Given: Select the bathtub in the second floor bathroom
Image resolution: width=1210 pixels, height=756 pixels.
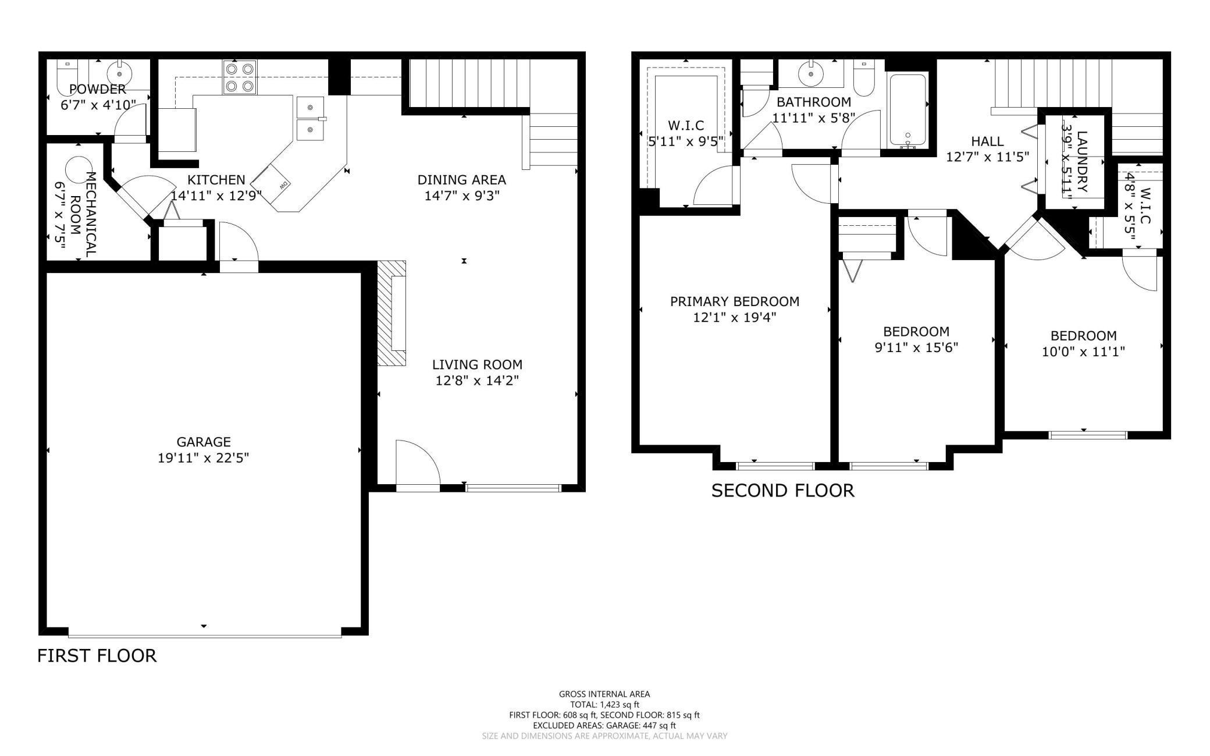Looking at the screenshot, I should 908,110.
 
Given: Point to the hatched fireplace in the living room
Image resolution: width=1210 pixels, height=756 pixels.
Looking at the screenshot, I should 392,313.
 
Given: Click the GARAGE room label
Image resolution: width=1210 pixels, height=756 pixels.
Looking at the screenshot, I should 204,442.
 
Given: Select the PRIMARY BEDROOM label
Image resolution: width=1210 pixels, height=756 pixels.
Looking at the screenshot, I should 735,301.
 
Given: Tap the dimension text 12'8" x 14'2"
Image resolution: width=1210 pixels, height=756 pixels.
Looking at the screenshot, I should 477,381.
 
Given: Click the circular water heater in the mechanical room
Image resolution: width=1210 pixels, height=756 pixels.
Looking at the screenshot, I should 77,171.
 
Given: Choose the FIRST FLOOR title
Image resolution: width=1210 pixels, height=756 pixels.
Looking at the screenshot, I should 97,656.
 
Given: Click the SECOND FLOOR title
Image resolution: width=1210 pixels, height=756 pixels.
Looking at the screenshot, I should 783,491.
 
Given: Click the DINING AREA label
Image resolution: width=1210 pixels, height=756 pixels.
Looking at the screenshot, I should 462,180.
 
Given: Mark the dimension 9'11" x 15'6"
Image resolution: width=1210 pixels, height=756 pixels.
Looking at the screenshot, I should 916,347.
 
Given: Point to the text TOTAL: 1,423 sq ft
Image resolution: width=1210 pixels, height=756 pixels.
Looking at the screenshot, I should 604,704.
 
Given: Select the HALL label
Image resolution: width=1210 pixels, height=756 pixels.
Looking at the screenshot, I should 987,141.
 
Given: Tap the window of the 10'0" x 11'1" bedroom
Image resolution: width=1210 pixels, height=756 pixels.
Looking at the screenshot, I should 1088,435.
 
